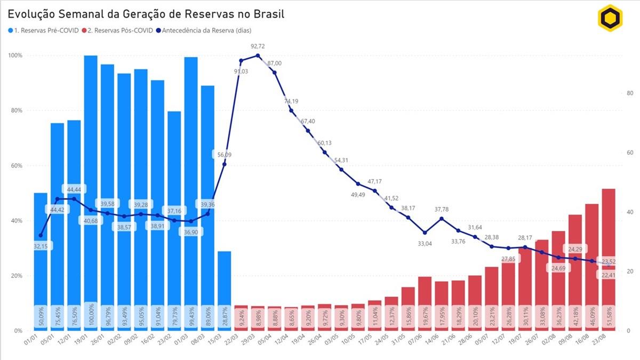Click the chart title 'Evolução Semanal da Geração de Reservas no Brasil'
click(x=146, y=14)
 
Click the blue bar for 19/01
click(x=91, y=187)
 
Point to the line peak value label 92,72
click(x=258, y=46)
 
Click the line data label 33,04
click(x=425, y=243)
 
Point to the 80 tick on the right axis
click(x=629, y=93)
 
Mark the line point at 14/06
click(x=442, y=219)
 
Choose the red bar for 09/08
click(x=575, y=267)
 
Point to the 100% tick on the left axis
click(x=15, y=55)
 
